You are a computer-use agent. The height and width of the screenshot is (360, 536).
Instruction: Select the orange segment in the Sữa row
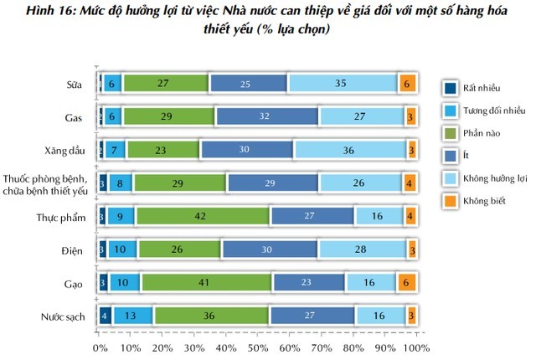(407, 83)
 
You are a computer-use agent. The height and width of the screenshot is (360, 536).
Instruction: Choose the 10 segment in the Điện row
(121, 249)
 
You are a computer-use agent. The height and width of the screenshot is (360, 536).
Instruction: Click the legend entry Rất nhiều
(477, 87)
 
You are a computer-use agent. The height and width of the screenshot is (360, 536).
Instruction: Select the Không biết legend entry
(482, 201)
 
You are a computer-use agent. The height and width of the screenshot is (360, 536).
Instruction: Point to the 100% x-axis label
(416, 347)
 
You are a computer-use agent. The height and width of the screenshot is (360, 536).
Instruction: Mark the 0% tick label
(100, 347)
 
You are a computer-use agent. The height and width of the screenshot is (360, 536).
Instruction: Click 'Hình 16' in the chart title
(31, 10)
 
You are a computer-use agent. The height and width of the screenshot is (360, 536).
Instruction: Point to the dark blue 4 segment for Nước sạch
(104, 316)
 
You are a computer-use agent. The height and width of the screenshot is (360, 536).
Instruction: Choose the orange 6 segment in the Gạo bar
(407, 283)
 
